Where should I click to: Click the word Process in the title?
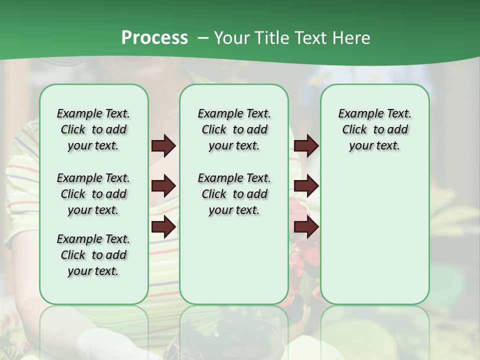coord(154,38)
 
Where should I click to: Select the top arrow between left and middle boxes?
coord(163,146)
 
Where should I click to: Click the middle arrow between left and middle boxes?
coord(163,186)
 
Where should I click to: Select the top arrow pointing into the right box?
coord(306,146)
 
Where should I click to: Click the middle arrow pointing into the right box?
coord(306,186)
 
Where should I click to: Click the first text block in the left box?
coord(93,129)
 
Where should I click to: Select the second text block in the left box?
coord(93,194)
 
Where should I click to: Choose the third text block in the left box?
coord(93,255)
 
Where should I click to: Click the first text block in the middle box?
coord(234,129)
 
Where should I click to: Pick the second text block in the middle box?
coord(234,194)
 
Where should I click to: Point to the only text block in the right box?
coord(374,129)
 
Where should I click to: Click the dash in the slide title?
coord(202,38)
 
